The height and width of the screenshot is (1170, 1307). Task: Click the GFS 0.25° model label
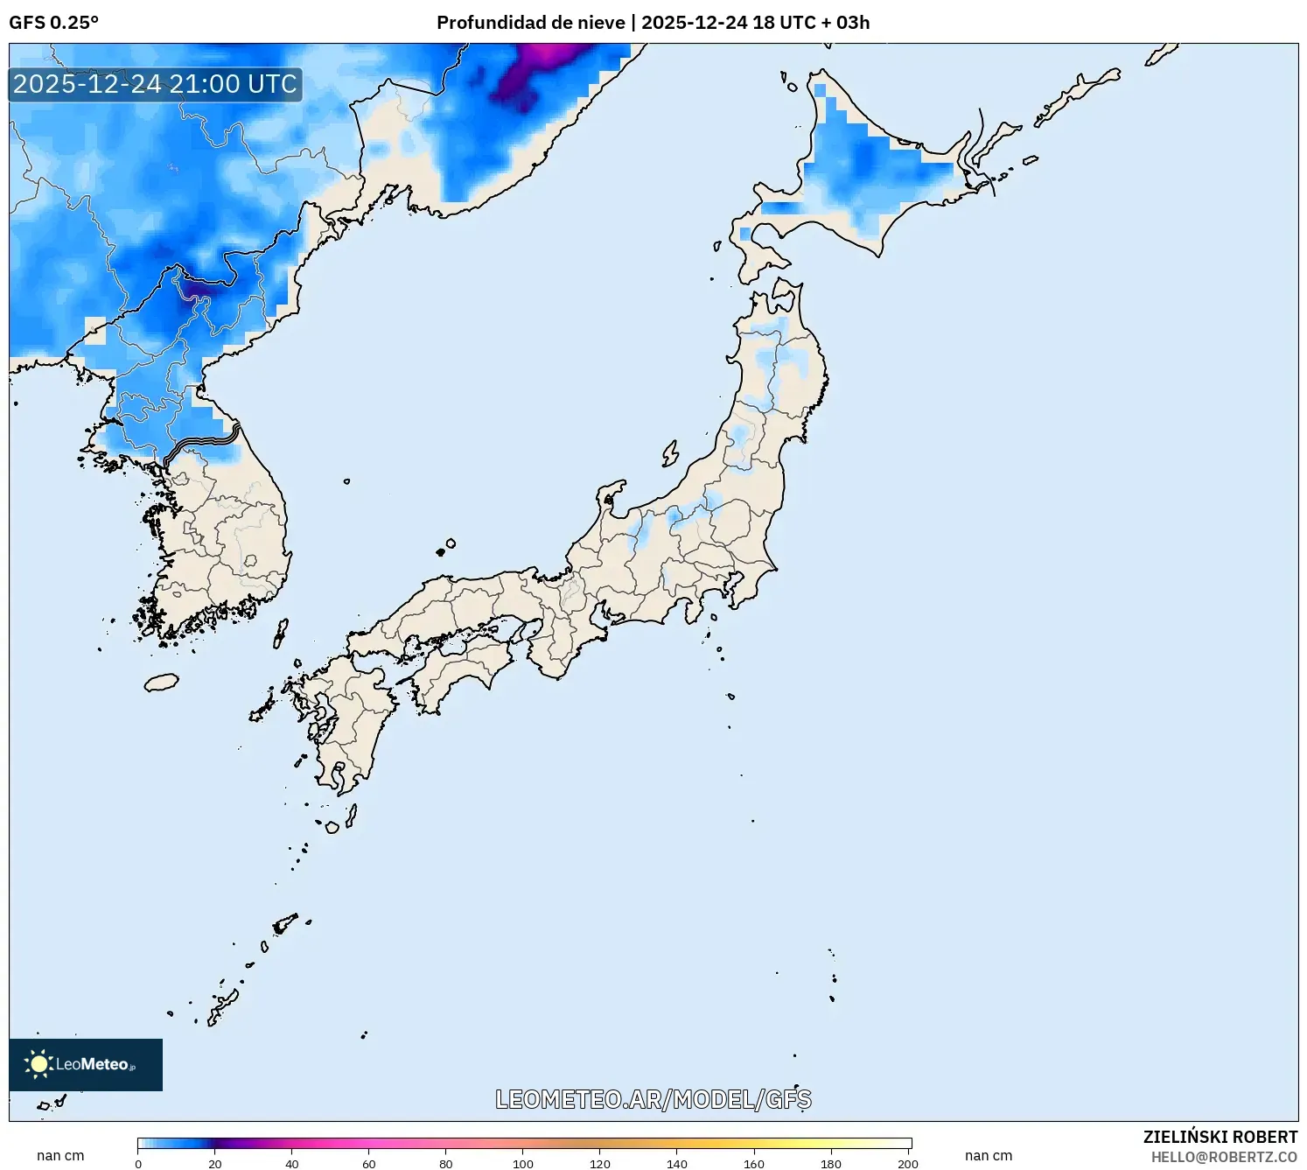pos(53,23)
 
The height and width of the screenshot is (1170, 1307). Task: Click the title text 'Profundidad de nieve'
pos(530,23)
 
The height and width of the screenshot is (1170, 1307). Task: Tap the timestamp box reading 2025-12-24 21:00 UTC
pos(155,84)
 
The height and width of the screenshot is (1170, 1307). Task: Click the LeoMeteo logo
pos(86,1064)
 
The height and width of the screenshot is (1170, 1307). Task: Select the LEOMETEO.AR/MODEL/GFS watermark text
pos(653,1099)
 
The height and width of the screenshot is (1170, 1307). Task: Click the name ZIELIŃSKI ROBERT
pos(1220,1137)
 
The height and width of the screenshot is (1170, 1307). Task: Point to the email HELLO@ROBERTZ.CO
pos(1224,1157)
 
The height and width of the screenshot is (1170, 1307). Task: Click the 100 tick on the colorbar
pos(523,1164)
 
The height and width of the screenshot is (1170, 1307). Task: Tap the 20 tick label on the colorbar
pos(215,1164)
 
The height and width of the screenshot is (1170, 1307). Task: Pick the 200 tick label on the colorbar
pos(908,1164)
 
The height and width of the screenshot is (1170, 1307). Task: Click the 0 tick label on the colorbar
pos(138,1164)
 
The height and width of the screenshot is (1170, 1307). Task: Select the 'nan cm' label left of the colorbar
pos(60,1155)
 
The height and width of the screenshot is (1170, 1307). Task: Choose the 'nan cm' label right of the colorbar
pos(989,1155)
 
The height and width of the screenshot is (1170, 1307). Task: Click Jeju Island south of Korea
pos(161,682)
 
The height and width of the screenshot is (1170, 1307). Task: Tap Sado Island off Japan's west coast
pos(670,453)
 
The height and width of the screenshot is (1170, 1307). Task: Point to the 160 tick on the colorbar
pos(754,1164)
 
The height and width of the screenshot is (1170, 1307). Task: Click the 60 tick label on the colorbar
pos(369,1164)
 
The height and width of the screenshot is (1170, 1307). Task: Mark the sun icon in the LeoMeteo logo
pos(38,1064)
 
